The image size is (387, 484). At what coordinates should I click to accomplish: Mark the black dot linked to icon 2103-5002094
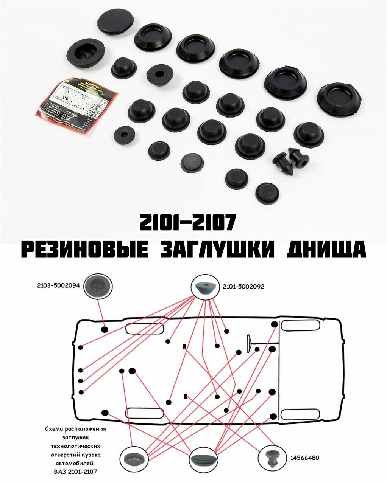point(105,329)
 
